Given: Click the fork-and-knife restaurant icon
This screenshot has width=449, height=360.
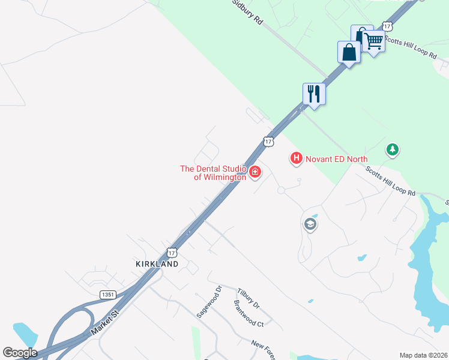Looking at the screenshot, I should pyautogui.click(x=314, y=94).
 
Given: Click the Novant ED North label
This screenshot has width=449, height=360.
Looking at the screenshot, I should pyautogui.click(x=336, y=158).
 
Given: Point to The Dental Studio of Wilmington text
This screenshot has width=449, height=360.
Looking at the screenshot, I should pyautogui.click(x=213, y=173).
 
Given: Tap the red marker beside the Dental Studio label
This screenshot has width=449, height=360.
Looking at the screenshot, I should pyautogui.click(x=255, y=173).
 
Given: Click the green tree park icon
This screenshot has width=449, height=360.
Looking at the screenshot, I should pyautogui.click(x=393, y=149).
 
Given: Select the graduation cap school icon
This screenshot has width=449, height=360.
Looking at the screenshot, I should pyautogui.click(x=310, y=224).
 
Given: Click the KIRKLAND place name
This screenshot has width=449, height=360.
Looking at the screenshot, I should pyautogui.click(x=157, y=264).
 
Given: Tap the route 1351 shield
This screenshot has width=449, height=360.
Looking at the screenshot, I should pyautogui.click(x=108, y=295).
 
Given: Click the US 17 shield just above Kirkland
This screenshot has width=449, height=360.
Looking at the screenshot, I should pyautogui.click(x=172, y=253).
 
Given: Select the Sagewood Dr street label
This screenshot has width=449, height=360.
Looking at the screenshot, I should pyautogui.click(x=209, y=301).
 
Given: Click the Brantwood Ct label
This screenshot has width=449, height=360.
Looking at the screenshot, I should pyautogui.click(x=249, y=314).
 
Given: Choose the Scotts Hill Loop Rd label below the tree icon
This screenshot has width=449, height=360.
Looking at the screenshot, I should pyautogui.click(x=391, y=181).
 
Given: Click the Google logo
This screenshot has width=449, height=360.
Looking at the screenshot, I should pyautogui.click(x=20, y=353).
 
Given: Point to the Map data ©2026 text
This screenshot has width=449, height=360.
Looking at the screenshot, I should pyautogui.click(x=423, y=355).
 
